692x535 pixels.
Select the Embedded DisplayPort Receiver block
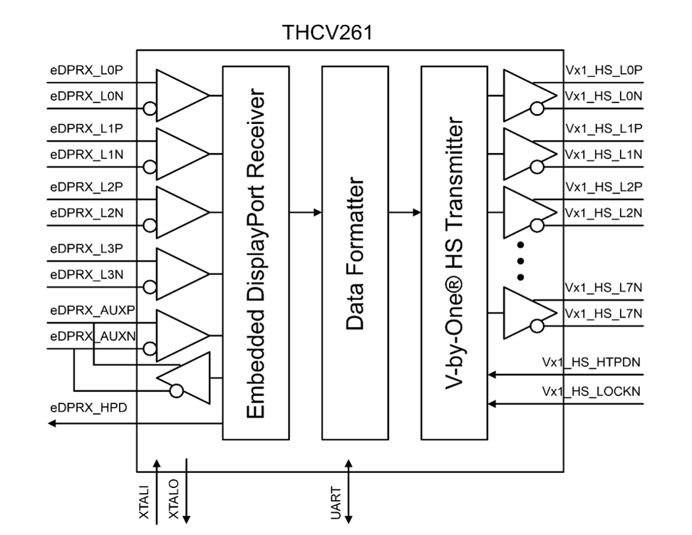(x=256, y=253)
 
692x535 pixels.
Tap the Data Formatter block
(x=354, y=253)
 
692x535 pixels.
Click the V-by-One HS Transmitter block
(x=454, y=253)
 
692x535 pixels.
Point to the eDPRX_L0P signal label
(x=87, y=71)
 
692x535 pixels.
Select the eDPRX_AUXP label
(x=92, y=311)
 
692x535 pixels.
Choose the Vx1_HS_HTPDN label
(x=591, y=362)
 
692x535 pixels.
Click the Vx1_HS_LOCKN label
(x=591, y=392)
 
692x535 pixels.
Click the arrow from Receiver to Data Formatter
(x=306, y=212)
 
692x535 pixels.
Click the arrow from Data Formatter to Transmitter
(x=405, y=212)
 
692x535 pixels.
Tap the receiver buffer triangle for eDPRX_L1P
(x=178, y=154)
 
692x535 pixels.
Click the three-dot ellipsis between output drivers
(x=521, y=259)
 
